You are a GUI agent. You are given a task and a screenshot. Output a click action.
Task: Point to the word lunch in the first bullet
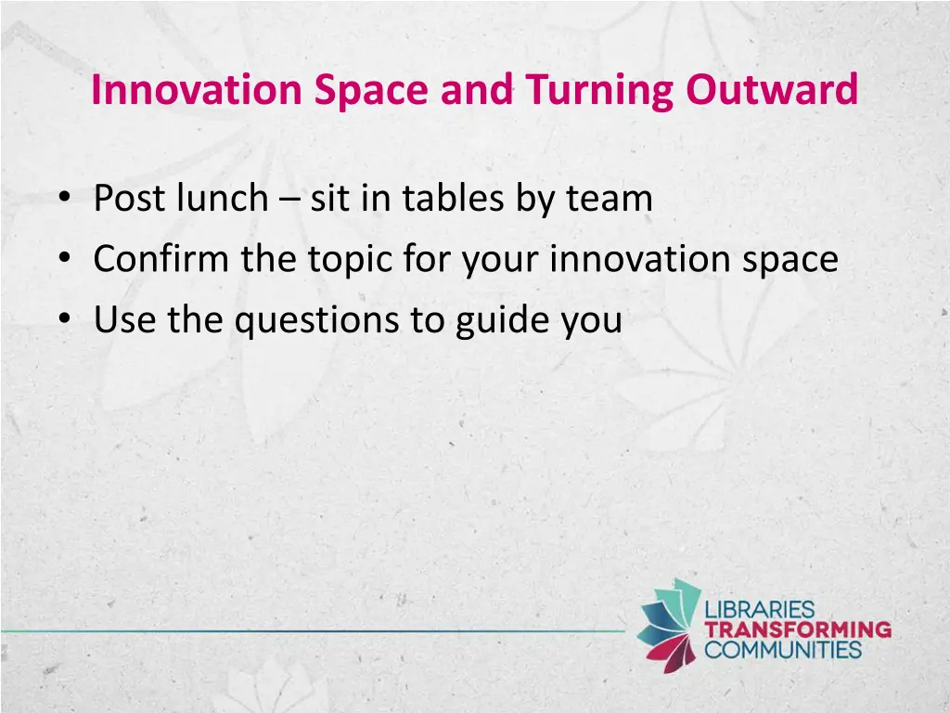(220, 199)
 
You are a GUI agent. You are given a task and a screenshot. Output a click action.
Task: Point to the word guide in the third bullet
(502, 321)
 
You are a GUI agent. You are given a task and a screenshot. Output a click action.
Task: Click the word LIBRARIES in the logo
(760, 611)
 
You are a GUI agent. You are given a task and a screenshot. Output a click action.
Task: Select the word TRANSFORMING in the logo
(798, 629)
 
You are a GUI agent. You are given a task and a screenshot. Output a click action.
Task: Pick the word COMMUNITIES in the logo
(783, 649)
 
